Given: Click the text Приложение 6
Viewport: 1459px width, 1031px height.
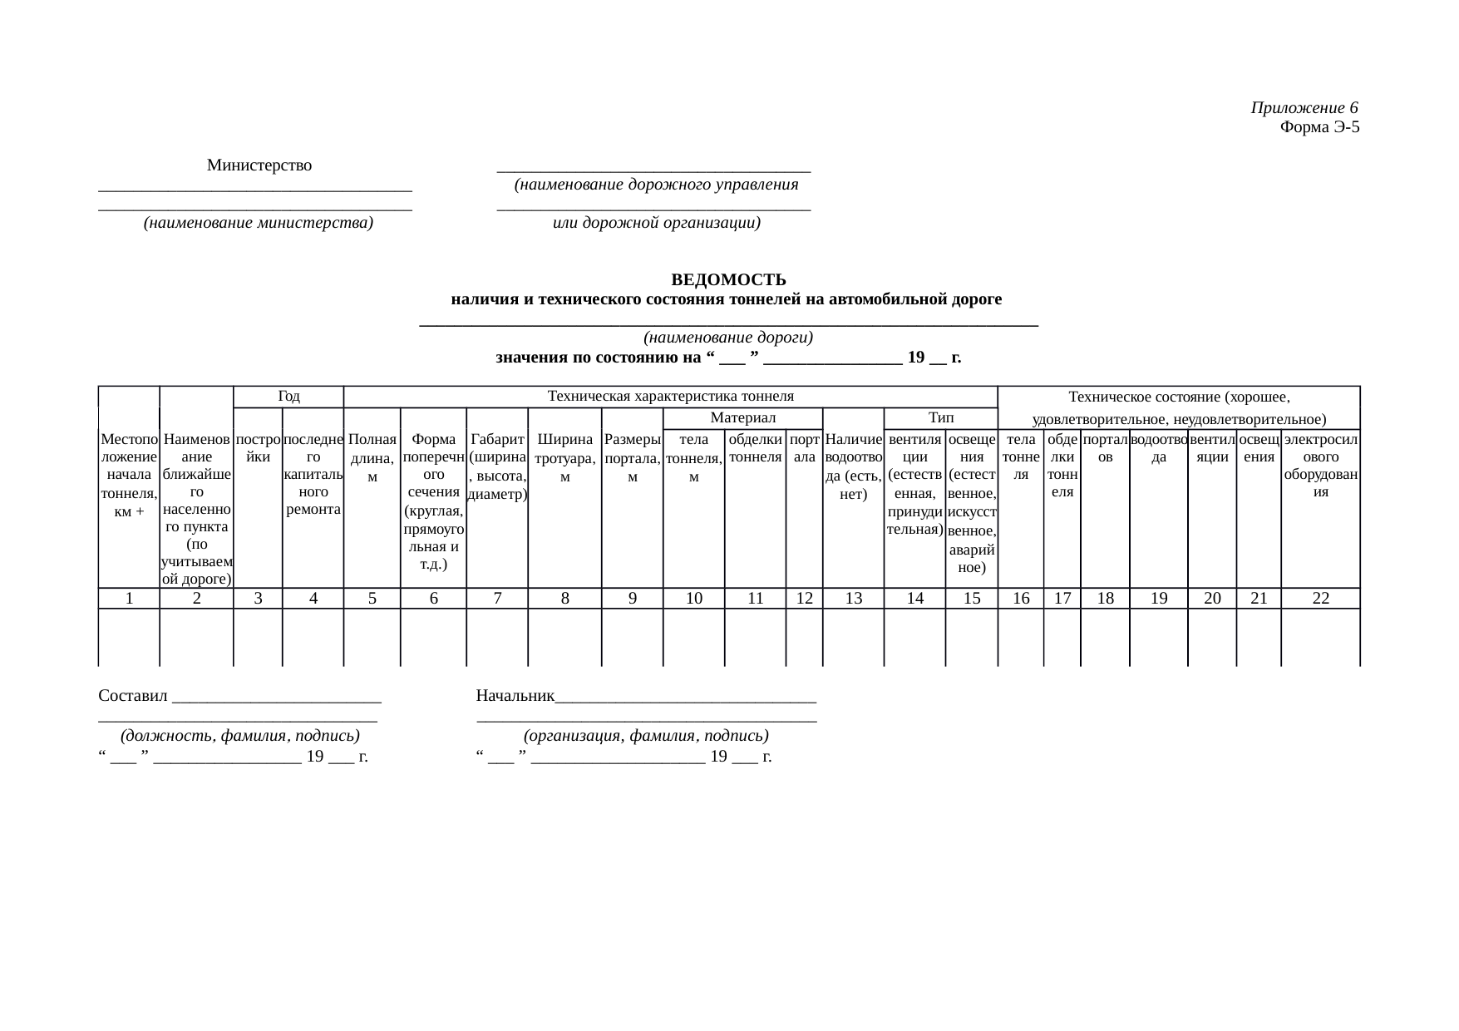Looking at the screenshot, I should (x=1304, y=108).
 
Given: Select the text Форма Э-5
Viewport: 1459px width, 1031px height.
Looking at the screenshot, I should (x=1319, y=127).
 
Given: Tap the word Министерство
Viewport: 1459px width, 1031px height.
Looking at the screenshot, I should (x=259, y=165).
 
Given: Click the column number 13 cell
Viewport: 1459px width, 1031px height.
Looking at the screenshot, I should (x=853, y=598).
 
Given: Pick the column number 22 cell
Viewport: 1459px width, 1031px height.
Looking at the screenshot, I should (x=1320, y=598).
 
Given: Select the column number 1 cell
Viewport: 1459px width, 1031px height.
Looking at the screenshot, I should (x=129, y=598).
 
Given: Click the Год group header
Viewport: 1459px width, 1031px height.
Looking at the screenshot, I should (x=288, y=397).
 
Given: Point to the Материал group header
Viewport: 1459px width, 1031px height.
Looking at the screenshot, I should (x=742, y=417).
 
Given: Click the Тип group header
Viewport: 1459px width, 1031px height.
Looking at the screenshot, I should (x=940, y=417).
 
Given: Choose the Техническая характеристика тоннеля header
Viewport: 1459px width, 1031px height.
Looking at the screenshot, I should (x=670, y=397).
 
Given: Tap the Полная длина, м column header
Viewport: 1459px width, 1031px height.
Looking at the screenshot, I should (x=372, y=457).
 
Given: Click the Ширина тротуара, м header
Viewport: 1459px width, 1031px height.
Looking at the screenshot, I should (x=564, y=457).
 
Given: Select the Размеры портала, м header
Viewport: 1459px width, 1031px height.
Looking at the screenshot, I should (x=632, y=457).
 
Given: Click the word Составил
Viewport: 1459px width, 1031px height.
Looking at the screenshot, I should (x=133, y=695).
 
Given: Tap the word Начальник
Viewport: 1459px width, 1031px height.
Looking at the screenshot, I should (x=515, y=695).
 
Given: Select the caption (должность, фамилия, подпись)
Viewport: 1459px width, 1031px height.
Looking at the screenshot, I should (x=239, y=736).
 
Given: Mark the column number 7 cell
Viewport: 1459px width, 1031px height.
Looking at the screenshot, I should (x=496, y=598).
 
